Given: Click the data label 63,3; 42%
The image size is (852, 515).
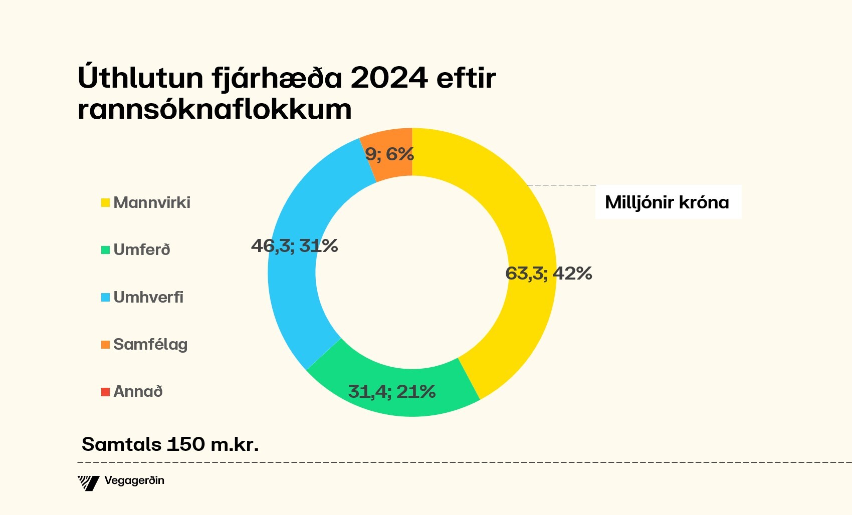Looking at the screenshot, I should point(548,274).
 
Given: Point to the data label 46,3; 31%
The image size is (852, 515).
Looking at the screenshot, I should point(294,246).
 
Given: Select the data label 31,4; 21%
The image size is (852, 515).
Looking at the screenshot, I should point(391,392).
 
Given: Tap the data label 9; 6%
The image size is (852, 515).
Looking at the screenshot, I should point(389,154).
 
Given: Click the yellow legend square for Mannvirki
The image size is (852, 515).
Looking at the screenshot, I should point(105,203).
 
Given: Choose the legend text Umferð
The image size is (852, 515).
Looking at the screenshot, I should point(142,249).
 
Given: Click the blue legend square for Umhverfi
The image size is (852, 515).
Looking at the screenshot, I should point(105,298).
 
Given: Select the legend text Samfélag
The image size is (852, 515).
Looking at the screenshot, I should point(150,345).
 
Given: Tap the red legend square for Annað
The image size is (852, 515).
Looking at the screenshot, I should point(105,392).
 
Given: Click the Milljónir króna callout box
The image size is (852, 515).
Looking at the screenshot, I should point(667,202).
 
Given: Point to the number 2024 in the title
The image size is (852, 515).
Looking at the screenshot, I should point(389,78).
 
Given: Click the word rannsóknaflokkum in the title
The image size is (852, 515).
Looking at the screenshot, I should point(215,109).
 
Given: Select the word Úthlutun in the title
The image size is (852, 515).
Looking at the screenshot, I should point(141,78).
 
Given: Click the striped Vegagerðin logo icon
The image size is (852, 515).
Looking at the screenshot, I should point(89,483).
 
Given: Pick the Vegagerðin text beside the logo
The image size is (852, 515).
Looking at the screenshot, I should point(134,481).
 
